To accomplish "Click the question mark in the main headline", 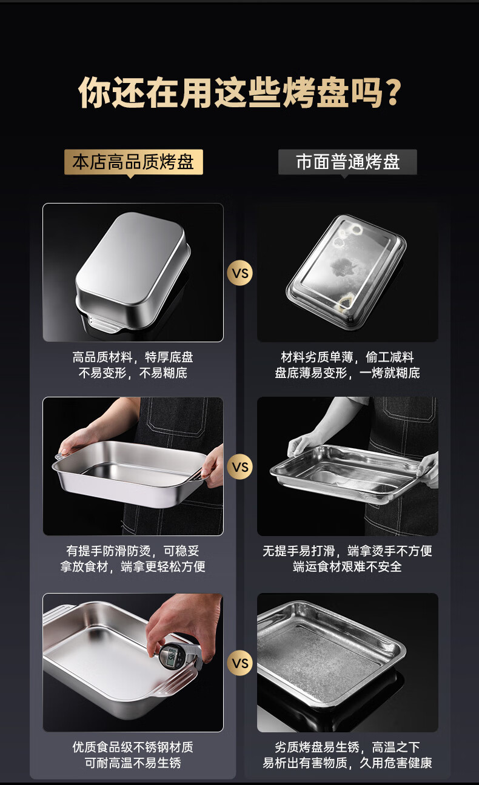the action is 392,93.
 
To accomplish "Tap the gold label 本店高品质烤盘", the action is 133,162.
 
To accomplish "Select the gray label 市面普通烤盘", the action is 347,162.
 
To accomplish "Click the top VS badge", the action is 240,273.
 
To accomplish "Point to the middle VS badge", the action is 240,467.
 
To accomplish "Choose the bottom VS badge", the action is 240,663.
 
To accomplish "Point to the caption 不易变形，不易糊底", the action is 133,373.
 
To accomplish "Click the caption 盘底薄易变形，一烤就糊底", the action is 347,373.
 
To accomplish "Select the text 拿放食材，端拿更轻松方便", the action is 133,566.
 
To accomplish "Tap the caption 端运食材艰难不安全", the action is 347,566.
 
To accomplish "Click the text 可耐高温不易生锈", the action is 133,763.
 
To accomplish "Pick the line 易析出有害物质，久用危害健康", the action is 347,763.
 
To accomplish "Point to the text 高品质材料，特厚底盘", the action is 133,357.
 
